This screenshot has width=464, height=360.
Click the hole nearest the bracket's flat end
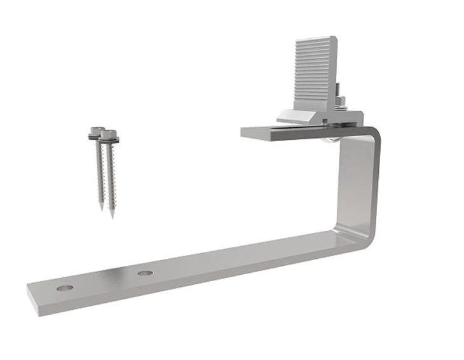pos(64,287)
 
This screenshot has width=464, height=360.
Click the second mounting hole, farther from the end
pos(145,273)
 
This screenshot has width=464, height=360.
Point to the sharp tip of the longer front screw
pos(112,216)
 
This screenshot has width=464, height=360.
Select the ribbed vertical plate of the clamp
pos(314,70)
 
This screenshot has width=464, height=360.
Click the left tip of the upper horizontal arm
pos(244,134)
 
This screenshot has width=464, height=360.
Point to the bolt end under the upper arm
pos(328,139)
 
